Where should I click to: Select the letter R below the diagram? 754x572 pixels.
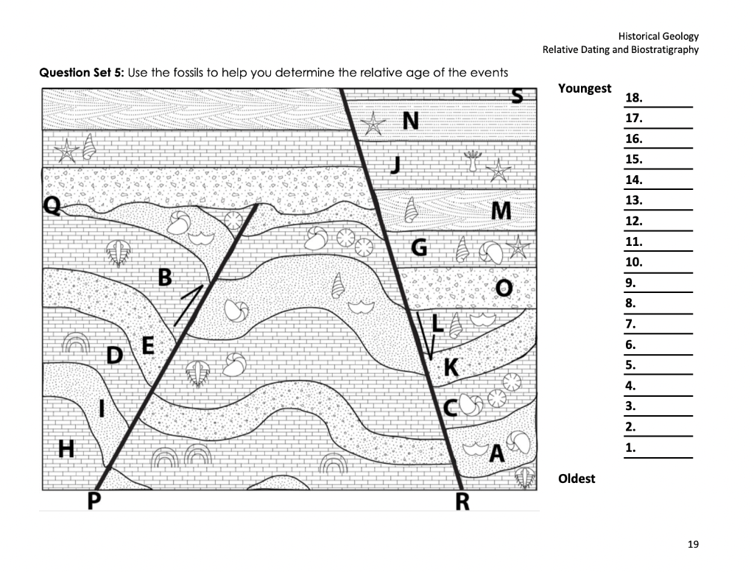click(462, 502)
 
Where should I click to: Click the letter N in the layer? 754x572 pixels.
click(410, 121)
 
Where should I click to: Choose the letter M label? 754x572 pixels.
click(501, 211)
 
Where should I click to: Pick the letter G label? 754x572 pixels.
click(418, 248)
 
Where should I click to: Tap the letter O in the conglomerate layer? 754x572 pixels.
click(504, 286)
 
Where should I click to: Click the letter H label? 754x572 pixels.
click(66, 447)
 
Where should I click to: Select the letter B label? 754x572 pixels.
click(165, 278)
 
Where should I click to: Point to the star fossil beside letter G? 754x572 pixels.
click(518, 247)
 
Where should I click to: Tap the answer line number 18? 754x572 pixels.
click(633, 98)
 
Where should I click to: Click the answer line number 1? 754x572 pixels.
click(630, 448)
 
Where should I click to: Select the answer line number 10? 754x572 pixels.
click(633, 262)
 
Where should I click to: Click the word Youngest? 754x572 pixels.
click(584, 88)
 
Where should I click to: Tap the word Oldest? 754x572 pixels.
click(577, 479)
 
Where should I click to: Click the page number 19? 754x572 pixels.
click(692, 545)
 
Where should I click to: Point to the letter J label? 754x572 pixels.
click(395, 163)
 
